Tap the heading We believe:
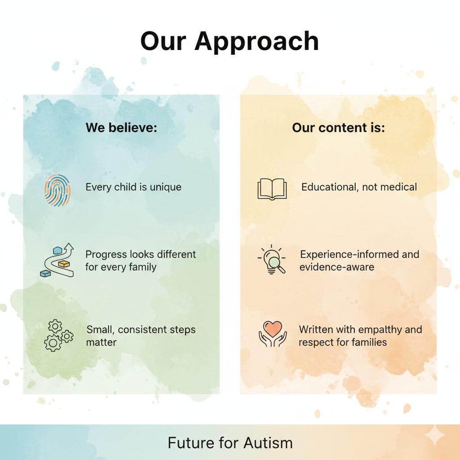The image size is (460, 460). (121, 128)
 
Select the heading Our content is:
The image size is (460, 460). (338, 128)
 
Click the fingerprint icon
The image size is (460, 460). (57, 190)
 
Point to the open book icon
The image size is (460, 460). (272, 189)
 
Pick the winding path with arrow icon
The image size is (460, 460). (57, 260)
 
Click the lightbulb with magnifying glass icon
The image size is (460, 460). (271, 259)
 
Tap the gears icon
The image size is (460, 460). (58, 335)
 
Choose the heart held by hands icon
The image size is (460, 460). (273, 334)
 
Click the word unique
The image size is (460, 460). (165, 187)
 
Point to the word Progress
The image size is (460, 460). (106, 255)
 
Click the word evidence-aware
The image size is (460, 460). (337, 267)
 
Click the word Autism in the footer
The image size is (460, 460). (268, 442)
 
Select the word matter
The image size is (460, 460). (101, 342)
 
